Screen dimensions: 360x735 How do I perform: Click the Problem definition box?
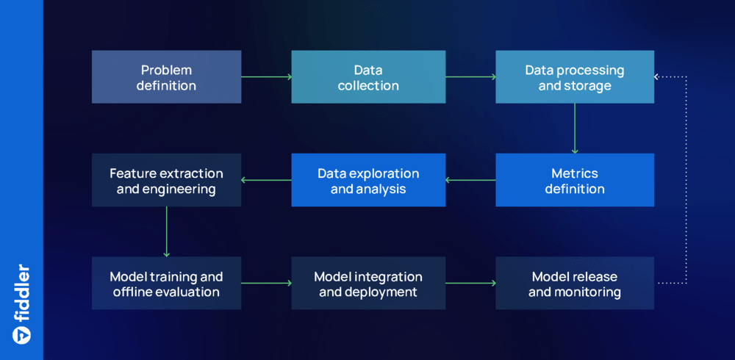coord(166,77)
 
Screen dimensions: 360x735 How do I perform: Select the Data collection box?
coord(367,77)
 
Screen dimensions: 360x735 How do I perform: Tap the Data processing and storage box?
coord(574,77)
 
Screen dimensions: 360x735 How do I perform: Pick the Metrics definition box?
coord(574,180)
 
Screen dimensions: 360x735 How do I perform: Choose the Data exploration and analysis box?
coord(367,180)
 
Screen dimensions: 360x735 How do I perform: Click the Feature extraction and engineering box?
coord(166,180)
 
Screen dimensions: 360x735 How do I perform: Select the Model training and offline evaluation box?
coord(166,283)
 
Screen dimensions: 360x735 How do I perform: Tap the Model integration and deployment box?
coord(367,283)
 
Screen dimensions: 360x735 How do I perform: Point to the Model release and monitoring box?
coord(574,283)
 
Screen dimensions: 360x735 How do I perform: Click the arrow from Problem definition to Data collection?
coord(266,76)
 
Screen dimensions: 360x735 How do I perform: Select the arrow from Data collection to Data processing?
coord(470,76)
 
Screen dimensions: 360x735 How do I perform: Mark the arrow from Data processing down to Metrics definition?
coord(575,128)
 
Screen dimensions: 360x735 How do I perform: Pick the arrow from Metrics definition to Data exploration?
coord(470,180)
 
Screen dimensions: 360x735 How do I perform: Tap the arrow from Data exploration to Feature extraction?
coord(266,180)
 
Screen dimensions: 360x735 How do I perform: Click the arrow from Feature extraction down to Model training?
coord(167,231)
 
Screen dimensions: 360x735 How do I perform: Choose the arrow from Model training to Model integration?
coord(266,283)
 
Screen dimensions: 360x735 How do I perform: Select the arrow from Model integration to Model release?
coord(470,283)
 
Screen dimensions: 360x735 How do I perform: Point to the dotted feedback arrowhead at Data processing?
coord(659,76)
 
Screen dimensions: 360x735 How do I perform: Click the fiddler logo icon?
coord(21,334)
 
